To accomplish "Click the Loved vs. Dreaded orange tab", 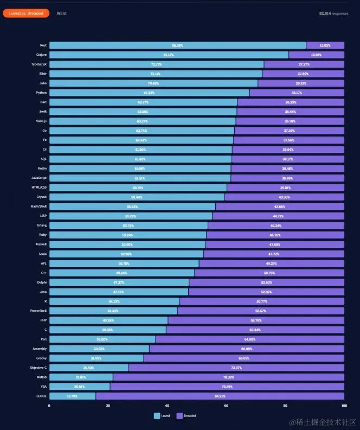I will tap(26, 13).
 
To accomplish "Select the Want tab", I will tap(62, 13).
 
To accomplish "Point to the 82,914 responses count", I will tap(333, 13).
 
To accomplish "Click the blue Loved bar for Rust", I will tap(177, 46).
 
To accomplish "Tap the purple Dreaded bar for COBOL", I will tap(220, 396).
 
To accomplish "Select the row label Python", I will tap(42, 93).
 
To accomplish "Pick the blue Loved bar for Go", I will tap(142, 131).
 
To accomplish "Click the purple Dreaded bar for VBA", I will tap(227, 387).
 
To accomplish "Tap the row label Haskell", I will tap(41, 245).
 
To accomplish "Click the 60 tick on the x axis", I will tap(226, 406).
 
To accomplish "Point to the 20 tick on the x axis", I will tap(108, 406).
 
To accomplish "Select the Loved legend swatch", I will tap(157, 416).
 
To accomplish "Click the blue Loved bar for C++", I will tap(121, 273).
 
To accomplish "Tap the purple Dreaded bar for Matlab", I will tap(228, 377).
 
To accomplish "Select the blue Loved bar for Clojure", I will tap(169, 55).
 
